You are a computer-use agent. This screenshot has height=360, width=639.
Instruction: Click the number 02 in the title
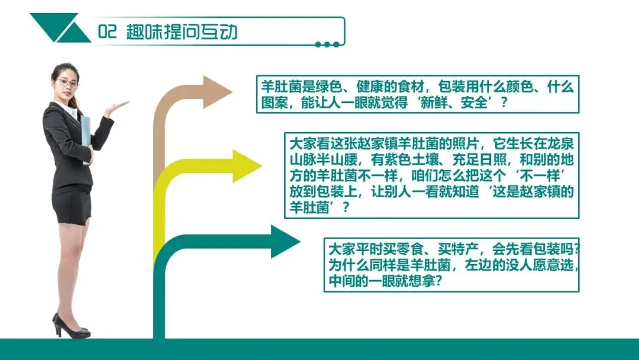point(109,32)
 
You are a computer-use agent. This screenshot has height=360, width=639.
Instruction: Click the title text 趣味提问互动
point(182,32)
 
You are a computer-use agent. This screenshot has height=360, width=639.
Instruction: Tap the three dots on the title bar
point(327,44)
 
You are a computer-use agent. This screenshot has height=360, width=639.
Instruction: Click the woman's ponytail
point(78,105)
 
